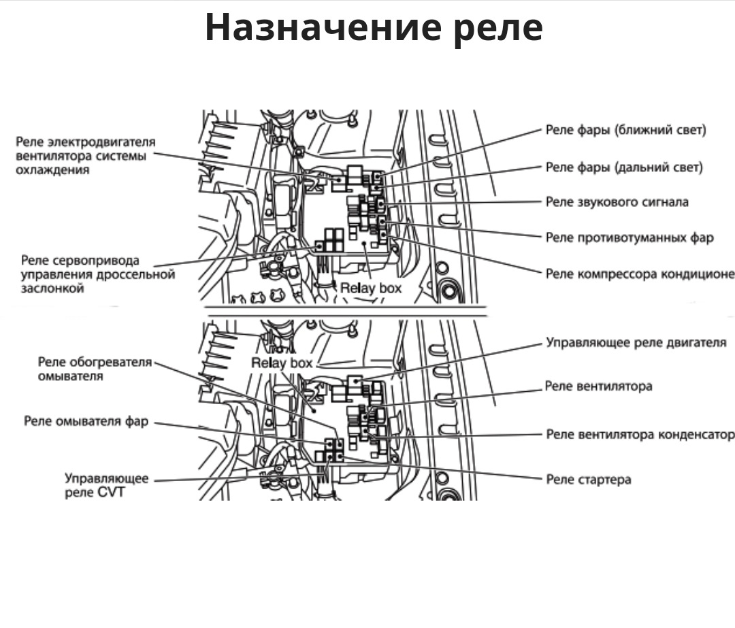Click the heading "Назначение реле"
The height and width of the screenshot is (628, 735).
[x=374, y=27]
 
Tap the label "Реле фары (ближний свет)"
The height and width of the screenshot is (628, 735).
[x=625, y=130]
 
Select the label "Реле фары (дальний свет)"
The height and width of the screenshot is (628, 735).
[x=624, y=167]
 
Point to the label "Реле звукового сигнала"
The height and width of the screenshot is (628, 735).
[x=617, y=202]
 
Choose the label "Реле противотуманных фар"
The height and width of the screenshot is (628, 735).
[x=630, y=237]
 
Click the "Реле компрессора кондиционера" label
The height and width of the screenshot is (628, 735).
[x=640, y=274]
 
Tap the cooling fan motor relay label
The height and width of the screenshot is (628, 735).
[x=85, y=156]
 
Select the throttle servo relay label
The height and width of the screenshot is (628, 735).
[x=97, y=274]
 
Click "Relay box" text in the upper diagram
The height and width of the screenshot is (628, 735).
[x=371, y=288]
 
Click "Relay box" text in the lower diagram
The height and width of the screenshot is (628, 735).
[x=282, y=363]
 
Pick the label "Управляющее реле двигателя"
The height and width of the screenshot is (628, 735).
[x=636, y=342]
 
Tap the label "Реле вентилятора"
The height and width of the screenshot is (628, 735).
[x=599, y=386]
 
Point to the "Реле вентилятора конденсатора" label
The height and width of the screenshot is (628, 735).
[x=640, y=434]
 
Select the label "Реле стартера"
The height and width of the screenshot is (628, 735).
[x=588, y=480]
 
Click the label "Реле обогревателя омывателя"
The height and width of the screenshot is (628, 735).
[x=95, y=369]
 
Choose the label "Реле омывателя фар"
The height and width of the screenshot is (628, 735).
[x=86, y=421]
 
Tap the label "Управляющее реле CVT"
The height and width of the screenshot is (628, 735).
[x=106, y=485]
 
